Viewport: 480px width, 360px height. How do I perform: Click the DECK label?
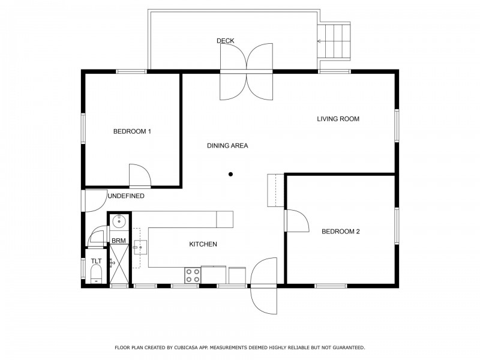[x=226, y=41]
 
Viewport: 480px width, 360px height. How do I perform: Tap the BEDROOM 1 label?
[x=132, y=131]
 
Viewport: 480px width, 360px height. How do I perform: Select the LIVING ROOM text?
[x=338, y=119]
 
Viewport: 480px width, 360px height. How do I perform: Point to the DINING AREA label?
[x=227, y=146]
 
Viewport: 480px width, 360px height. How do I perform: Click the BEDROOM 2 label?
[x=340, y=232]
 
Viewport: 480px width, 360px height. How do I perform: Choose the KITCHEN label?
[x=203, y=244]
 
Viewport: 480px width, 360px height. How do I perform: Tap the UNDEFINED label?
[x=126, y=196]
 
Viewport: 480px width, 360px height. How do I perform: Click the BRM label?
[x=118, y=241]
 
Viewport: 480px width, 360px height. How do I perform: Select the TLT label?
[x=96, y=261]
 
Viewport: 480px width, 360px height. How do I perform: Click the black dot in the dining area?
[x=230, y=174]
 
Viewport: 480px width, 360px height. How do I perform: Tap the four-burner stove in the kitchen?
[x=193, y=275]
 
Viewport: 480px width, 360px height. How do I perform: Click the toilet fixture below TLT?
[x=96, y=274]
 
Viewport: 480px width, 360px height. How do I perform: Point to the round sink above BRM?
[x=118, y=221]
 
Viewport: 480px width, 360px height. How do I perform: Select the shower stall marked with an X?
[x=119, y=263]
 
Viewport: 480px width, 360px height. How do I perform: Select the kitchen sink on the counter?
[x=140, y=247]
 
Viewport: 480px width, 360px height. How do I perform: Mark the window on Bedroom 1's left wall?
[x=83, y=128]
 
